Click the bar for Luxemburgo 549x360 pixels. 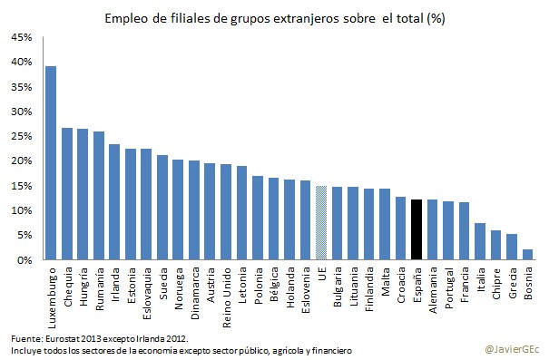(52, 163)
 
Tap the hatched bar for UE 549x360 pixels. (321, 223)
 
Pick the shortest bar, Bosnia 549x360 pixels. (526, 255)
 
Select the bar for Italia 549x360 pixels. (479, 241)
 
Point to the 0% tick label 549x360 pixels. (25, 260)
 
